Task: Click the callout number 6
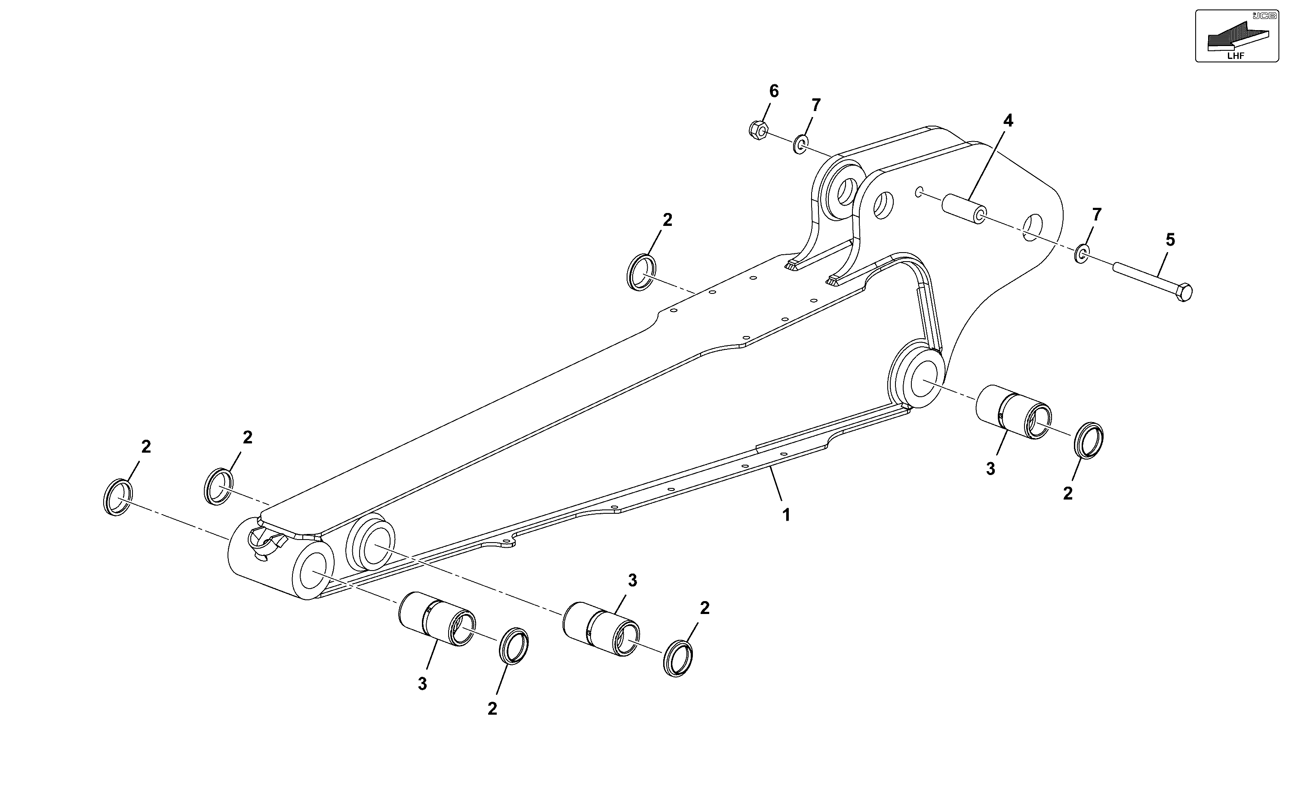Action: coord(774,91)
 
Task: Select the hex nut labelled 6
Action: coord(758,129)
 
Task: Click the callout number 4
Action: coord(1008,120)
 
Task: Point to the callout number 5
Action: coord(1170,240)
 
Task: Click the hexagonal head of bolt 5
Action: coord(1184,292)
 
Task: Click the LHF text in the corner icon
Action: coord(1236,55)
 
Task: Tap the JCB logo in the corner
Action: coord(1264,16)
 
